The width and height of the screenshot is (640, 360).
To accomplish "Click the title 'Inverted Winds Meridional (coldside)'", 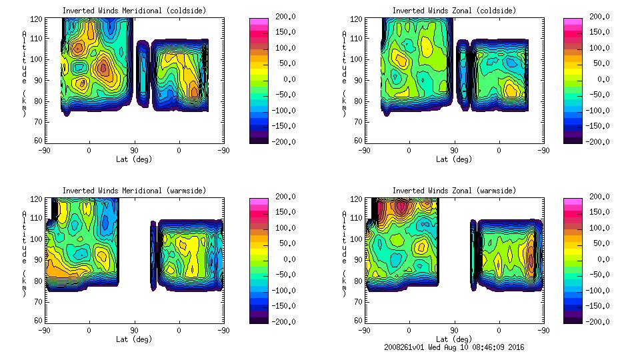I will [x=135, y=11].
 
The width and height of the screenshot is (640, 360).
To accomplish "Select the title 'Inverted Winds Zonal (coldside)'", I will [x=454, y=11].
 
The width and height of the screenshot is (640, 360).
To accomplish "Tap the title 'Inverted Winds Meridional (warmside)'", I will [x=135, y=191].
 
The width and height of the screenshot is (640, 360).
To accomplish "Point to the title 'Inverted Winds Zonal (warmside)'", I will [x=454, y=191].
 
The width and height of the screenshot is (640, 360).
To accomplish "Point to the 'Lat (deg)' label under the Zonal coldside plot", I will [x=454, y=159].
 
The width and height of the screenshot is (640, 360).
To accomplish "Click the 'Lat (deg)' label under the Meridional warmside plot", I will [x=135, y=339].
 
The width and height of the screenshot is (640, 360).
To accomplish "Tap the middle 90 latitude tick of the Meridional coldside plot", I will [x=134, y=151].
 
